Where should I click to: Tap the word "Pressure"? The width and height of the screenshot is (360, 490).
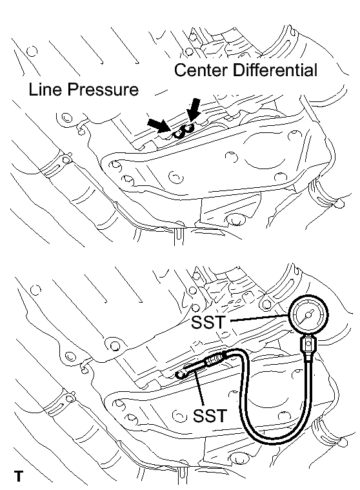pyautogui.click(x=103, y=89)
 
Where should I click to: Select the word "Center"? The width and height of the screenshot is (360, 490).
pyautogui.click(x=200, y=70)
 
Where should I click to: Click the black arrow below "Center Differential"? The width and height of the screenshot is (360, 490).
pyautogui.click(x=193, y=110)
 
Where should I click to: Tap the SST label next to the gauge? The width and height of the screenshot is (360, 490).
pyautogui.click(x=208, y=322)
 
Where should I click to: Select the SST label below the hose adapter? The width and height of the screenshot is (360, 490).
pyautogui.click(x=210, y=416)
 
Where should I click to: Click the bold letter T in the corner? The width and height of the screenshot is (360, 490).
pyautogui.click(x=19, y=476)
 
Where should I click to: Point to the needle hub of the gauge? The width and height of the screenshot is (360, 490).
pyautogui.click(x=309, y=314)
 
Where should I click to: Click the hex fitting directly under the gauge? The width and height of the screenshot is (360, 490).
pyautogui.click(x=308, y=345)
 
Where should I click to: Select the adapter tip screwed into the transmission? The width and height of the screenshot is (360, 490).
pyautogui.click(x=181, y=374)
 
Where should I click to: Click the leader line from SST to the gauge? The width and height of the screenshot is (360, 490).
pyautogui.click(x=259, y=318)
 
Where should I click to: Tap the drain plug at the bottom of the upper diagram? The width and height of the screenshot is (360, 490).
pyautogui.click(x=235, y=219)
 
